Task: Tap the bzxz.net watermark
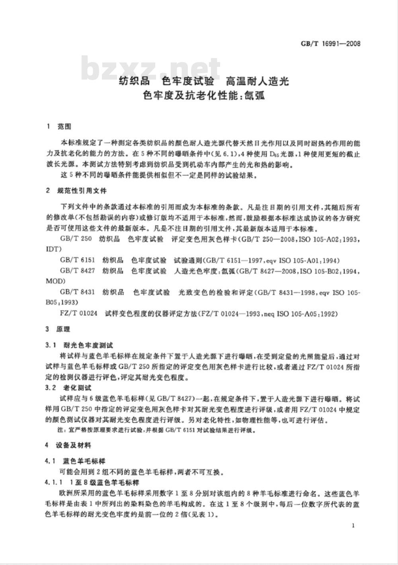(151, 68)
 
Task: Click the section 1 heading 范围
(64, 127)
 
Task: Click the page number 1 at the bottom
(353, 526)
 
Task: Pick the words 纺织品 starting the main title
(135, 82)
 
